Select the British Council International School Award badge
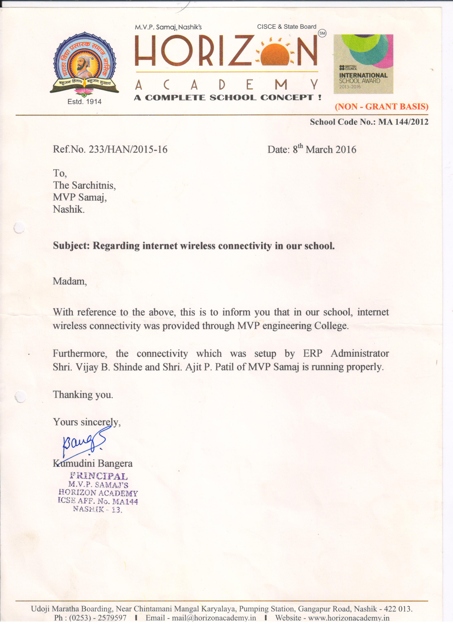(x=363, y=64)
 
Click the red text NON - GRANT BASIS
(x=382, y=107)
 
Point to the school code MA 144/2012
(x=403, y=122)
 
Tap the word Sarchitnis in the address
(x=94, y=185)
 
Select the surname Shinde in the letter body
(x=128, y=367)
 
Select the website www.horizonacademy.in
(x=349, y=625)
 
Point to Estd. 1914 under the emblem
(x=85, y=102)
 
